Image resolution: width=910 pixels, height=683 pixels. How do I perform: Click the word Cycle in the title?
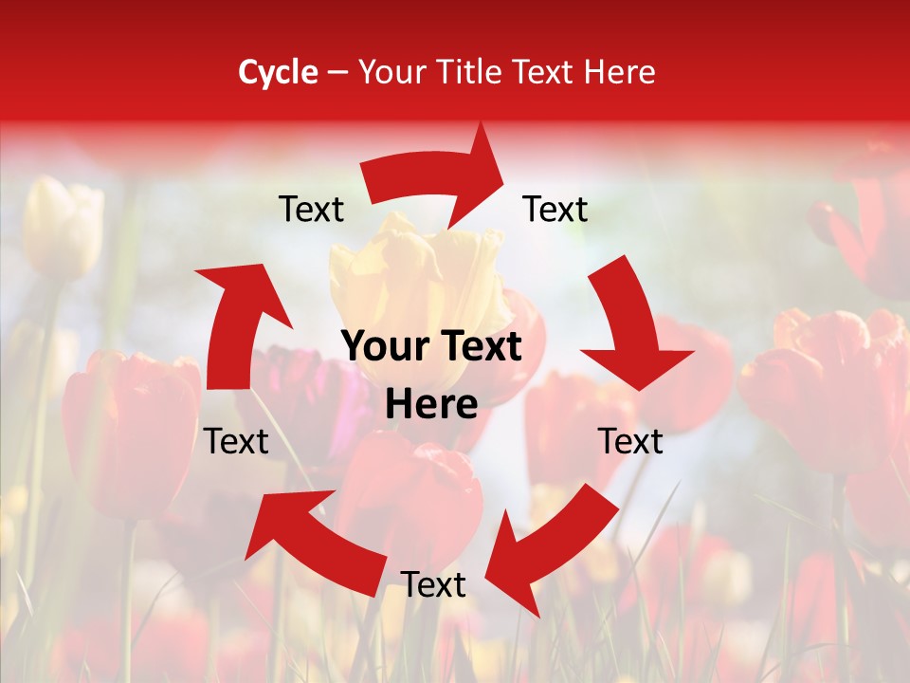pyautogui.click(x=278, y=72)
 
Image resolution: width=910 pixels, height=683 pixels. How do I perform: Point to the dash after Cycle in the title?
pyautogui.click(x=337, y=72)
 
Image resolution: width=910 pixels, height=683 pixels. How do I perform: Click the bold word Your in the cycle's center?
pyautogui.click(x=383, y=348)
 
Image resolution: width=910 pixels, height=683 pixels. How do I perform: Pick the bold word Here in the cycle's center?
pyautogui.click(x=431, y=405)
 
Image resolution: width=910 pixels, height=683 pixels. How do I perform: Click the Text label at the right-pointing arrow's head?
pyautogui.click(x=555, y=209)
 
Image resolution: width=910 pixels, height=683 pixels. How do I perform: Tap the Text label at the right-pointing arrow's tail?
pyautogui.click(x=311, y=209)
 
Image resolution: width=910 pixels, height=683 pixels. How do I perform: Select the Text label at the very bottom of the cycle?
pyautogui.click(x=433, y=585)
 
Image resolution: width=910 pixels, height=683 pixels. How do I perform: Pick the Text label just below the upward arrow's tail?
pyautogui.click(x=236, y=441)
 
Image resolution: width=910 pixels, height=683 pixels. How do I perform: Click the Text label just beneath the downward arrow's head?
pyautogui.click(x=630, y=441)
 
